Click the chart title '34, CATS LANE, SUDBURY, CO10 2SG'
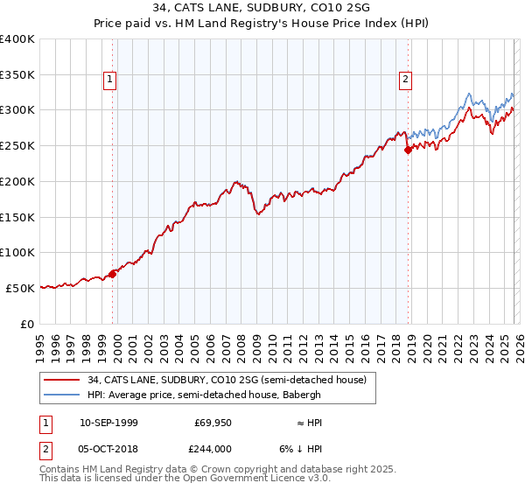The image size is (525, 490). (262, 10)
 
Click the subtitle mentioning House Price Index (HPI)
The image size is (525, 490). (262, 24)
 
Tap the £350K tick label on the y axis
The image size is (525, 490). (17, 74)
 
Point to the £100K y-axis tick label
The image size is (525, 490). (17, 252)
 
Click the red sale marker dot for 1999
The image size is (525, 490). (113, 274)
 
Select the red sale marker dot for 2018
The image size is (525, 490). (408, 150)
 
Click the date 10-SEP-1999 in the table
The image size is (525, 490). (108, 423)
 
